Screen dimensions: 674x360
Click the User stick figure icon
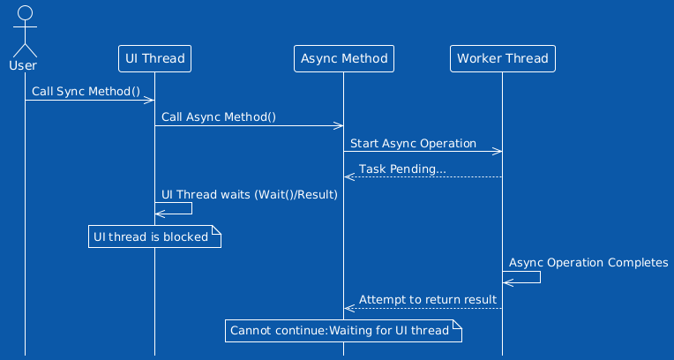pyautogui.click(x=25, y=32)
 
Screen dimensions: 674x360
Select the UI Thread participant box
pyautogui.click(x=154, y=58)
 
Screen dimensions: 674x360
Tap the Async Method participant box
pyautogui.click(x=344, y=58)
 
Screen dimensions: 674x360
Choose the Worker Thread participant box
pyautogui.click(x=503, y=58)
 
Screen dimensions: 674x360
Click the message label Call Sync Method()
pyautogui.click(x=86, y=92)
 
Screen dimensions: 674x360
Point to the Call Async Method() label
pyautogui.click(x=219, y=117)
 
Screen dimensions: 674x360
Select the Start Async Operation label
pyautogui.click(x=413, y=143)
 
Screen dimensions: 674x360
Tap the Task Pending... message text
pyautogui.click(x=402, y=169)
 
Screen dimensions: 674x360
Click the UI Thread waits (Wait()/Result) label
pyautogui.click(x=250, y=195)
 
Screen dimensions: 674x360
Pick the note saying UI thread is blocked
pyautogui.click(x=154, y=236)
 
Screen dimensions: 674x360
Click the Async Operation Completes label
pyautogui.click(x=588, y=263)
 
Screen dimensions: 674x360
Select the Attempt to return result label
pyautogui.click(x=428, y=299)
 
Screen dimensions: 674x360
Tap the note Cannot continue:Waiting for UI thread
pyautogui.click(x=343, y=331)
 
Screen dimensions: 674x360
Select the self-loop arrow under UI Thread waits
pyautogui.click(x=191, y=208)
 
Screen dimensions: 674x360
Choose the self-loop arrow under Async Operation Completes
pyautogui.click(x=540, y=277)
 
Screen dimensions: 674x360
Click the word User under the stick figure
pyautogui.click(x=23, y=66)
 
